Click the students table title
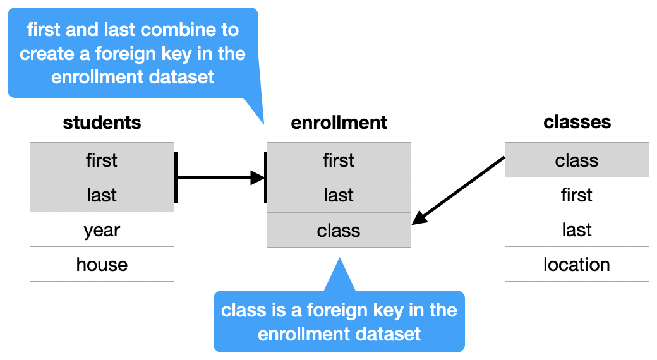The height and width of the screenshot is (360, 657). (x=102, y=122)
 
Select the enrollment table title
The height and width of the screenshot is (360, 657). (x=339, y=122)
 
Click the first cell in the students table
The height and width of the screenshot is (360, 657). (x=102, y=160)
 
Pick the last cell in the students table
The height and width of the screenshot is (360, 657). (x=102, y=195)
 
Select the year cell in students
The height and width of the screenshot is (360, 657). (x=102, y=229)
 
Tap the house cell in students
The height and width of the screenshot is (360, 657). (x=102, y=264)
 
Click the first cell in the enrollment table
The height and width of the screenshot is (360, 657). (x=339, y=160)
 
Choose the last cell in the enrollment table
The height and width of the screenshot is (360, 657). (x=339, y=195)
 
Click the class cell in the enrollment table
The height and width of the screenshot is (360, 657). (x=339, y=230)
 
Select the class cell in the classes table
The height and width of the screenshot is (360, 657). (x=577, y=160)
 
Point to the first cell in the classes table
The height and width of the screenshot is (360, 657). (x=577, y=195)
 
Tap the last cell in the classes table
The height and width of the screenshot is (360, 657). (x=577, y=229)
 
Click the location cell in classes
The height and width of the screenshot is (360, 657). (x=577, y=264)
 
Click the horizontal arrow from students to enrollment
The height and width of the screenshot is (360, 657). (x=218, y=177)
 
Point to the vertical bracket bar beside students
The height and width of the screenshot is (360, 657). (x=176, y=177)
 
